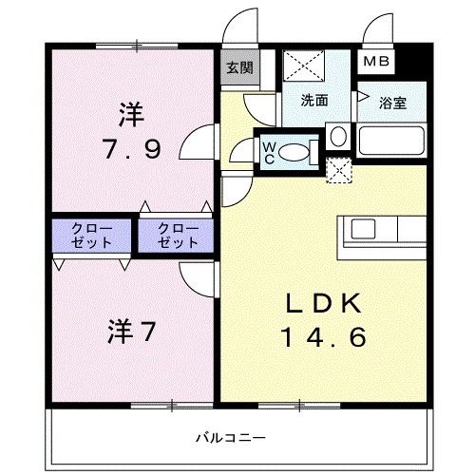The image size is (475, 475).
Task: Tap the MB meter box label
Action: tap(377, 63)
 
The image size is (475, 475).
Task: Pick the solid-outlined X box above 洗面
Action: tap(306, 66)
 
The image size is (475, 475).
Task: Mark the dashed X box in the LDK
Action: tap(337, 170)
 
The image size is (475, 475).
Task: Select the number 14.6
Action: tap(323, 335)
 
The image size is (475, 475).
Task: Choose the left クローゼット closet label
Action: tap(93, 236)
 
